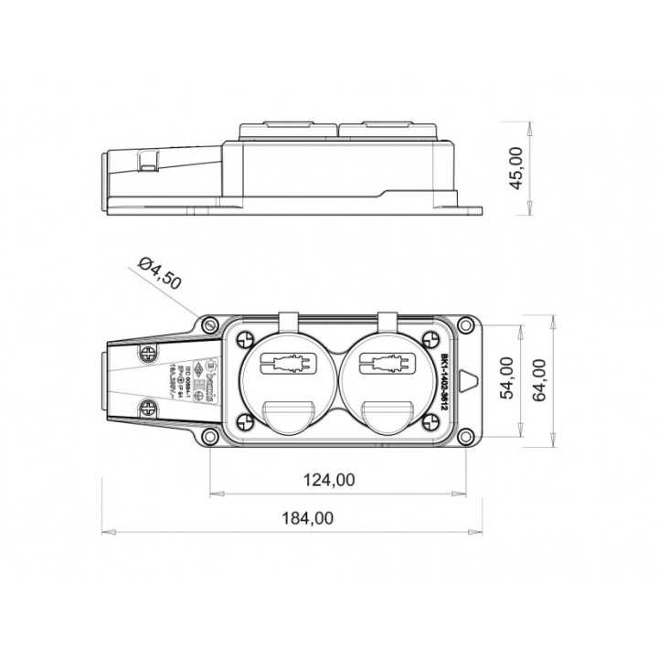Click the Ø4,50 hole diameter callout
click(x=159, y=273)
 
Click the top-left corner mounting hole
click(x=210, y=324)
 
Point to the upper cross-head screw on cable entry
click(x=147, y=354)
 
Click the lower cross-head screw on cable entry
click(x=147, y=408)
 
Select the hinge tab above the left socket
click(x=289, y=323)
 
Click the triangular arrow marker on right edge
click(x=468, y=380)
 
